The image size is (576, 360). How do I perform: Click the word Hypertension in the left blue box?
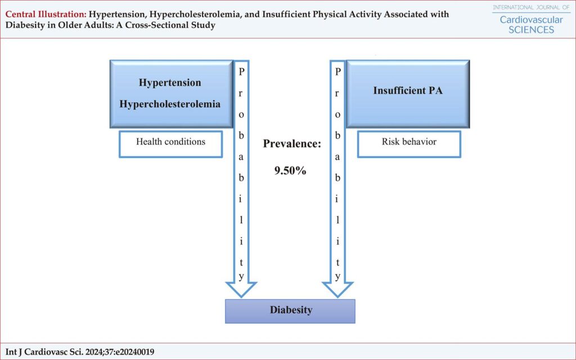(x=170, y=83)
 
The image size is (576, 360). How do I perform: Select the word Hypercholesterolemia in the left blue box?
(x=170, y=104)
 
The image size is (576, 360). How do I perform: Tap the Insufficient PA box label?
(x=408, y=91)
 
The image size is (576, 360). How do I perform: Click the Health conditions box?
(x=171, y=144)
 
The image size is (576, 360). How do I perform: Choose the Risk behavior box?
(x=409, y=144)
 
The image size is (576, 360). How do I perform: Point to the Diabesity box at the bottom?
(x=290, y=311)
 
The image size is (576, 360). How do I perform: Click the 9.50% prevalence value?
(x=290, y=170)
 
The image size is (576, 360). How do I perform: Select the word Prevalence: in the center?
(x=292, y=143)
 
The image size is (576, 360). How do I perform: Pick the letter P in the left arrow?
(x=241, y=71)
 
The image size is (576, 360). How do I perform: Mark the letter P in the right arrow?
(x=338, y=71)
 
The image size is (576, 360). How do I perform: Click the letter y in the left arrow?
(x=241, y=277)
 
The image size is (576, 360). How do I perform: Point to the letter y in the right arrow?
(x=338, y=277)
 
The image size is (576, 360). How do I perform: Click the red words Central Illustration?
(x=46, y=14)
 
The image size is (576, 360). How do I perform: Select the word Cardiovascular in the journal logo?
(x=531, y=20)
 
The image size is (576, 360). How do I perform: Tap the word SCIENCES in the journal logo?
(x=531, y=30)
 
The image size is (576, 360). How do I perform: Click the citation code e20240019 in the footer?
(x=136, y=352)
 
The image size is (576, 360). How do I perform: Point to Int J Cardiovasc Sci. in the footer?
(x=44, y=352)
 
